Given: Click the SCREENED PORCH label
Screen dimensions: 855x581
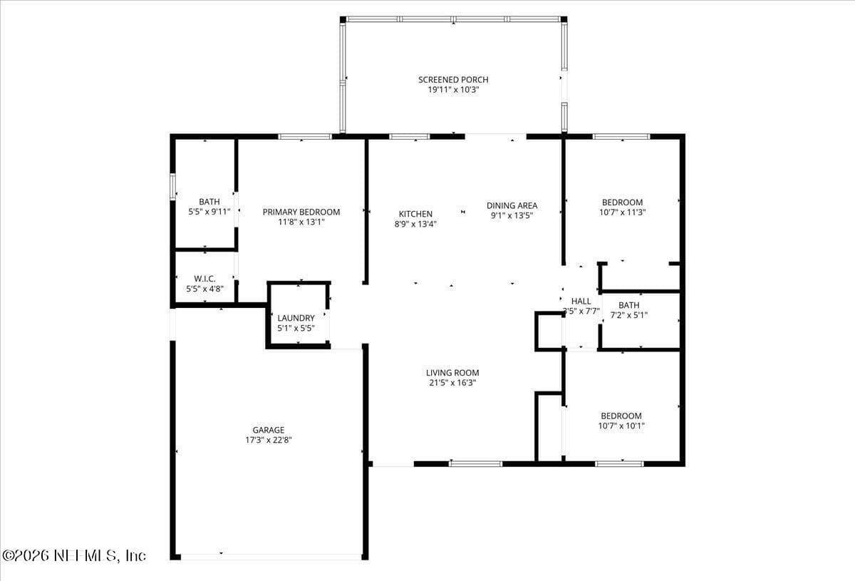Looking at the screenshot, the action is pos(453,80).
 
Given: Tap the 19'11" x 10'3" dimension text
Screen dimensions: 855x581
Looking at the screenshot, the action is pos(453,90).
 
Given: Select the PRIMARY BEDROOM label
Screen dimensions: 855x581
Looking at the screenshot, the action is pos(301,212).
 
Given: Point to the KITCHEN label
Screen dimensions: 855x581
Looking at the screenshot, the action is pos(415,214).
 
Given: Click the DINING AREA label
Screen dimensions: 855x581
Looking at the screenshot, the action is pos(512,205).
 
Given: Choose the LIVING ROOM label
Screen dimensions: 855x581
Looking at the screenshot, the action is pos(452,373).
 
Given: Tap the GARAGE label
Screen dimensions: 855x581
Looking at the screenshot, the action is pos(269,430).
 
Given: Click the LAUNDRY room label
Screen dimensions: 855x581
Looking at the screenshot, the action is pos(296,318).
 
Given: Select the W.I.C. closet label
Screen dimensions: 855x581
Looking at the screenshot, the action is pos(205,279).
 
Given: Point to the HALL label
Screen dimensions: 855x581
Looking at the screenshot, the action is pos(581,302).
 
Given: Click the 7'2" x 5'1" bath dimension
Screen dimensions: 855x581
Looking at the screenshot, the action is pos(628,315).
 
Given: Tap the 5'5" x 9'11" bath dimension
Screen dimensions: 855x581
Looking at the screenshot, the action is pos(209,212).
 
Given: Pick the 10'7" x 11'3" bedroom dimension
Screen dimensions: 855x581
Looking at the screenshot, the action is pos(622,212).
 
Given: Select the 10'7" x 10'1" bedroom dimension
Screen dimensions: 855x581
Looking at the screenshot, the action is pos(621,426).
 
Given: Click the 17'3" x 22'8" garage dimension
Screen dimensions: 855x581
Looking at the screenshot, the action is pos(269,440).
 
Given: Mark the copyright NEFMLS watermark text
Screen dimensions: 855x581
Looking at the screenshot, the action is pos(73,556).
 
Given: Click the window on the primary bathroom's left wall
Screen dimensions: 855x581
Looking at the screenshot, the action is pos(173,186).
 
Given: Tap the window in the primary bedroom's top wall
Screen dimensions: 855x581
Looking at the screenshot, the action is pos(305,136).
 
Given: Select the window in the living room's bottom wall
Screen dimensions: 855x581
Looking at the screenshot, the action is pos(475,463).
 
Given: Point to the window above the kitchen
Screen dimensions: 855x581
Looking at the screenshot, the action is pos(410,136).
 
